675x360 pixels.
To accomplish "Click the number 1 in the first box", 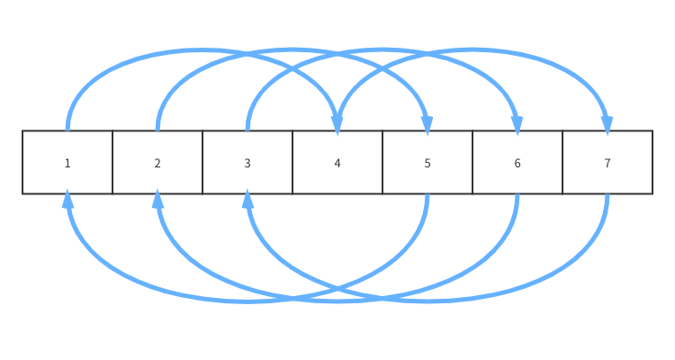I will (x=67, y=163).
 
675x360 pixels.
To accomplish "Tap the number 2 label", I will (x=157, y=163).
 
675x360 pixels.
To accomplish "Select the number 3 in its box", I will (x=247, y=163).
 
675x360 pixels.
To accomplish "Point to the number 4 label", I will (x=337, y=163).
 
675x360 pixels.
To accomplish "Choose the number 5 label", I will (x=427, y=163).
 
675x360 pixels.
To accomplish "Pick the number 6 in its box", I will (x=517, y=163).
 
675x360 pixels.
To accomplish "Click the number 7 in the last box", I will (x=607, y=163).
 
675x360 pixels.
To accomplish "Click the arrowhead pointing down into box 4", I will (x=337, y=123).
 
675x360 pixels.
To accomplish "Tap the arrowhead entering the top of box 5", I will (x=427, y=123).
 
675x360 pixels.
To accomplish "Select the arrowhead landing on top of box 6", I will (x=517, y=123).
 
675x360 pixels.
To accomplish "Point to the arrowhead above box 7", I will (x=607, y=123).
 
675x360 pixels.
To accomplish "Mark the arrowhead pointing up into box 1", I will (x=67, y=201).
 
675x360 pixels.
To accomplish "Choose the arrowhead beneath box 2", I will (x=157, y=201).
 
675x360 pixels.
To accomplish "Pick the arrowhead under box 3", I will (x=247, y=201).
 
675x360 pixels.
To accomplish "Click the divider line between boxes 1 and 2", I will (x=112, y=162).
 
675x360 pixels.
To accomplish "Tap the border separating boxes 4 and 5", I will (x=382, y=162).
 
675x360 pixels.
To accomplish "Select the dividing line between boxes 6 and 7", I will (x=562, y=162).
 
